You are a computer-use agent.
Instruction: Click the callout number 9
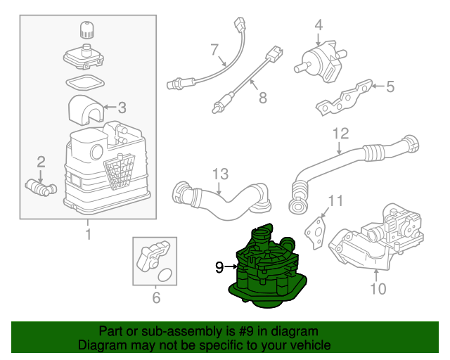tap(219, 267)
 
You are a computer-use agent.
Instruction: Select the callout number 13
tap(220, 174)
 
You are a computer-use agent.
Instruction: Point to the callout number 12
tap(340, 133)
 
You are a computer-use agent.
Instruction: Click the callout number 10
tap(378, 289)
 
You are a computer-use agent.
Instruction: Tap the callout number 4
tap(319, 25)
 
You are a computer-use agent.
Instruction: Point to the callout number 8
tap(262, 97)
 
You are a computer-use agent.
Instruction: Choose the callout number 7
tap(215, 49)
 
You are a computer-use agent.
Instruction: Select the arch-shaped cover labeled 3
tap(84, 110)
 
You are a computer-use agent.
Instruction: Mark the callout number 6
tap(155, 298)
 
